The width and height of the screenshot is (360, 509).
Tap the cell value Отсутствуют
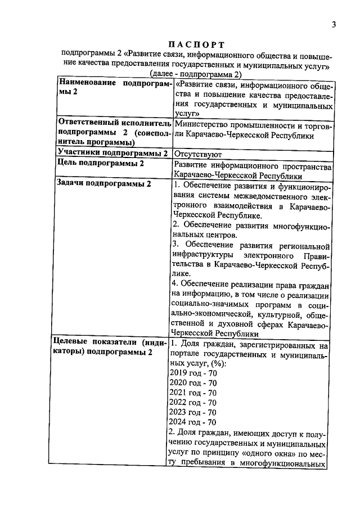pos(199,154)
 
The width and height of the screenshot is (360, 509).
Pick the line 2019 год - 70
pos(193,372)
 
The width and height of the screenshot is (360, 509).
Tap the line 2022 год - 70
pos(193,402)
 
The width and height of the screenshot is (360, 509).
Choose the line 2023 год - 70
pos(193,412)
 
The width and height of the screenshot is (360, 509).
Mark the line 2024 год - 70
pos(193,422)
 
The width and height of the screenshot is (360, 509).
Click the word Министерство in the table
pos(201,124)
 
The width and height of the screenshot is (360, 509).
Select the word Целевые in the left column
pos(74,341)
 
